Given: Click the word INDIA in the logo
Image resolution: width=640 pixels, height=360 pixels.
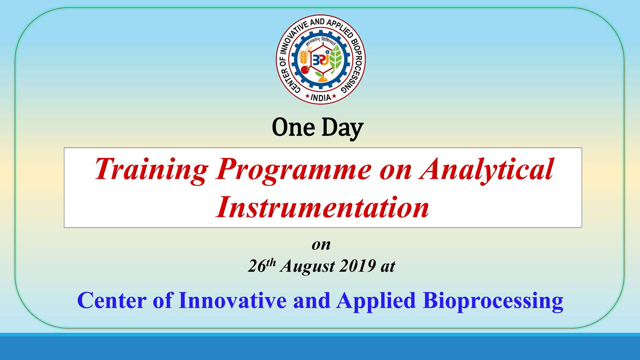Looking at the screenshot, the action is [321, 97].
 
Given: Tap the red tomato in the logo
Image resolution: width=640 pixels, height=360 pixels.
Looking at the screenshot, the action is [305, 70].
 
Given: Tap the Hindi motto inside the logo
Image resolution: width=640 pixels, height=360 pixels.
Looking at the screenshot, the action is [321, 42].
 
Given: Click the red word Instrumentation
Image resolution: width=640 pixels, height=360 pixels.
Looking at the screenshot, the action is [322, 206].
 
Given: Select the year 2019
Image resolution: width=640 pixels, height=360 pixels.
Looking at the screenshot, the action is [357, 266].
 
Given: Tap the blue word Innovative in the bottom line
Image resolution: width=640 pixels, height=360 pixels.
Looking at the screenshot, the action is [232, 300].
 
